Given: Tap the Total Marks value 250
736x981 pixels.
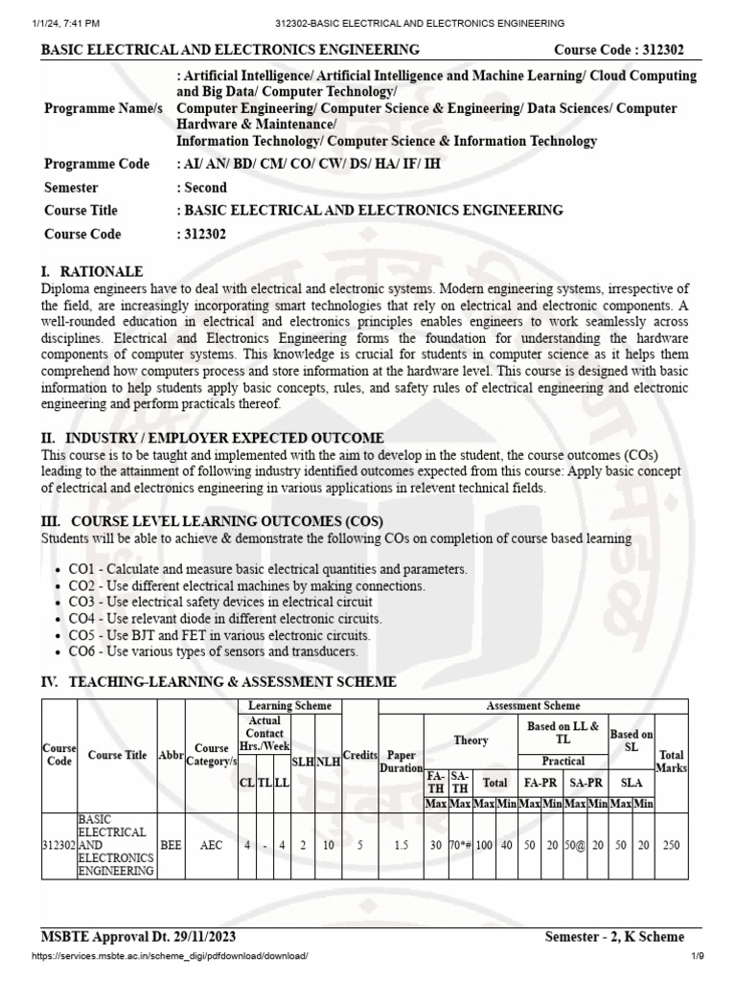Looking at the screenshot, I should point(671,846).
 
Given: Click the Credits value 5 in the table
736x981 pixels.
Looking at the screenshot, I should point(360,846).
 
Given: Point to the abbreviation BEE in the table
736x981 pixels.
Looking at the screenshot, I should point(171,846).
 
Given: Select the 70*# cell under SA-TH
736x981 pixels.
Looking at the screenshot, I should point(459,846).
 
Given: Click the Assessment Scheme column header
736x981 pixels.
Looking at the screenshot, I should point(533,706).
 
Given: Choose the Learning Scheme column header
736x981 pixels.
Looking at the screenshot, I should point(288,706).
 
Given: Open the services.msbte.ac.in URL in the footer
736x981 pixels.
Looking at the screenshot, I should point(170,956).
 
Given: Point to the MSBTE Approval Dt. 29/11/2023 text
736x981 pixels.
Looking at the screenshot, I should point(139,936).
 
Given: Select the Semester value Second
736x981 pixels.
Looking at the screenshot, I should point(204,188).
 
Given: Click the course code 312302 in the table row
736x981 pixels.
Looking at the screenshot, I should point(58,846).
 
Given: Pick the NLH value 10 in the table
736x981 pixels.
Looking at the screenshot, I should point(330,846).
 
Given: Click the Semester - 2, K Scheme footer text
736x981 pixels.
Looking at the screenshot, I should point(614,936).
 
